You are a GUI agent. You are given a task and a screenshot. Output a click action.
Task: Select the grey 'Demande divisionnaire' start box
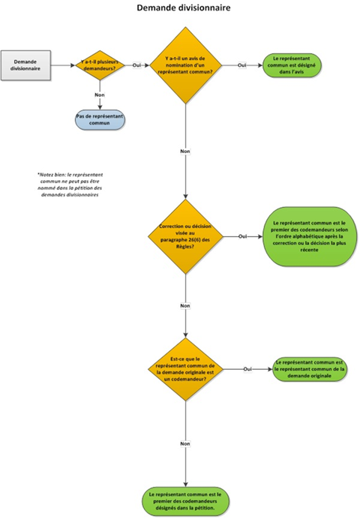[25, 64]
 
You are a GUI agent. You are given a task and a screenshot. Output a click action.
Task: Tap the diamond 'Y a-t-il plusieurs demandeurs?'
[98, 65]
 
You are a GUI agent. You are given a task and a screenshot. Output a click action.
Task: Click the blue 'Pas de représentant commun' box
[99, 120]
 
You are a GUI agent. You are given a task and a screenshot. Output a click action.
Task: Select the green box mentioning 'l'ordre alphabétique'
[301, 236]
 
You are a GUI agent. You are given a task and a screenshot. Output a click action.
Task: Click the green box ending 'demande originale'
[309, 368]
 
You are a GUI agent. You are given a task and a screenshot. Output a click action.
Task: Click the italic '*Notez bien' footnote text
[69, 183]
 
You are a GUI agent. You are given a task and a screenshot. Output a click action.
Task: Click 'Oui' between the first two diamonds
[136, 65]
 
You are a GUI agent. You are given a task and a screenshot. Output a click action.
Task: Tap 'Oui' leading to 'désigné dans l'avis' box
[241, 65]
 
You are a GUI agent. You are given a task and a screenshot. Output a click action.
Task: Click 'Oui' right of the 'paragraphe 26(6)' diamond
[242, 236]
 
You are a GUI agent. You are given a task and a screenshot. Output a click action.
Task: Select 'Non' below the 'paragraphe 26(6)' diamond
[184, 305]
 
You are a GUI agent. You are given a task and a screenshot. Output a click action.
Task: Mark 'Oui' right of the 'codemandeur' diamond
[247, 368]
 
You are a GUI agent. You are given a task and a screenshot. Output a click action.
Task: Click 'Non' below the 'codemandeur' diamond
[184, 443]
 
